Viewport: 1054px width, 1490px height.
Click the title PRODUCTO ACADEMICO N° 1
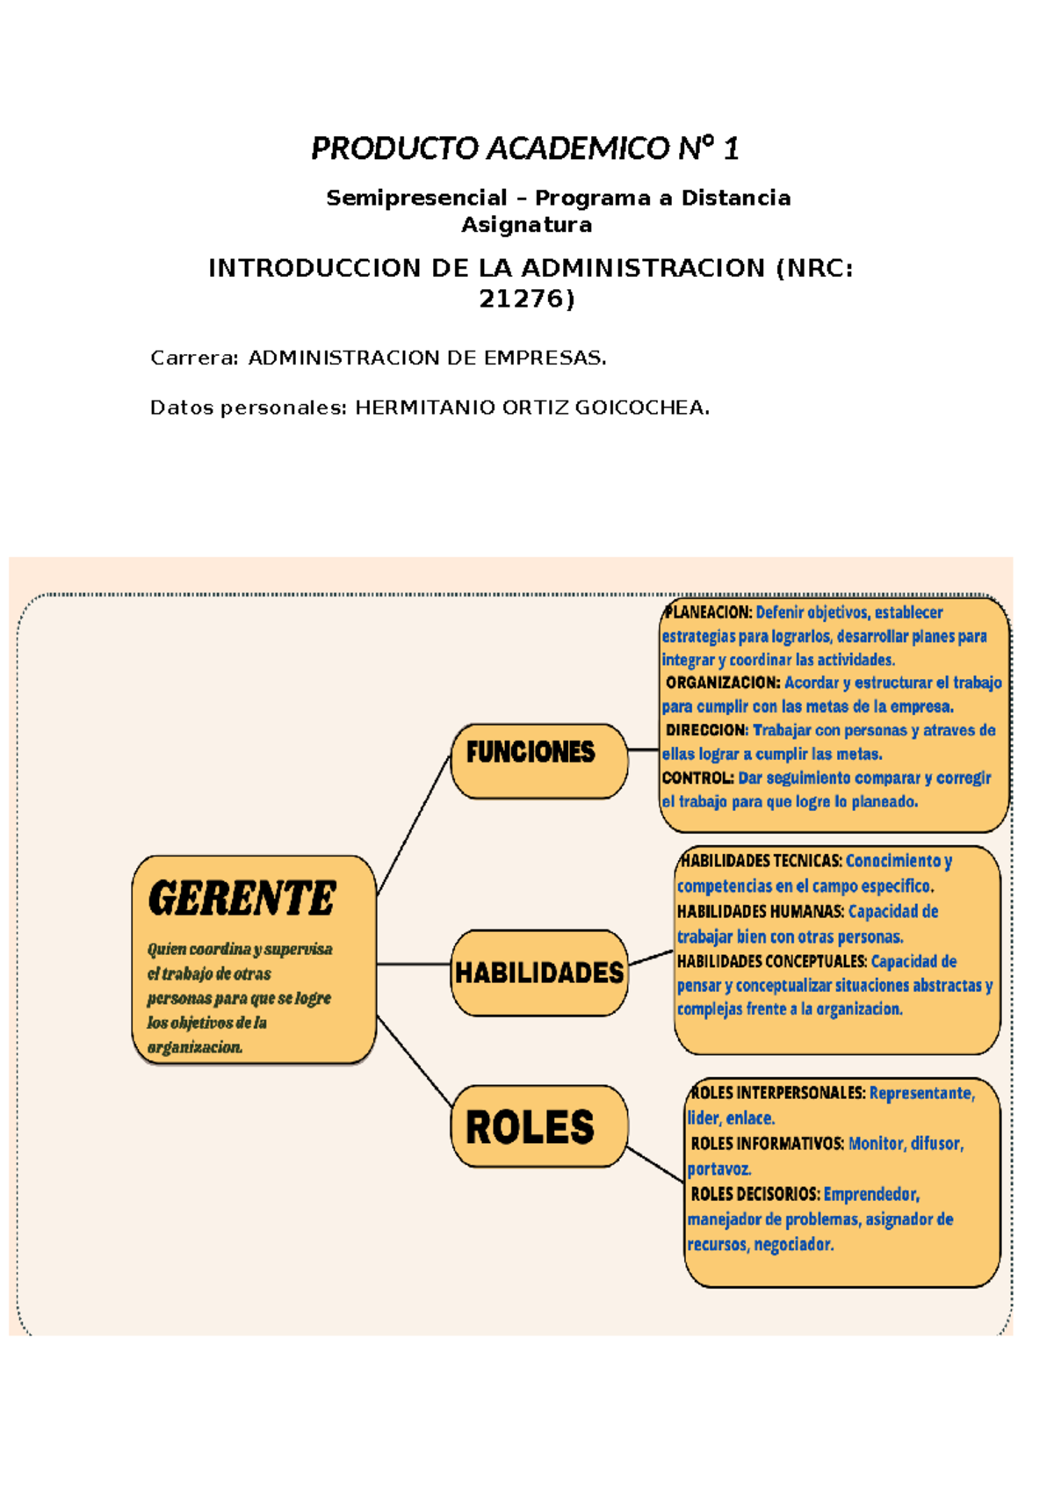[x=525, y=148]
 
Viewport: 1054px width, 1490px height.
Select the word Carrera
[x=192, y=358]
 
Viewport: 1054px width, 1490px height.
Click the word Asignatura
[x=526, y=225]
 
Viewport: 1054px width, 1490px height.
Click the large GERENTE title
[x=242, y=899]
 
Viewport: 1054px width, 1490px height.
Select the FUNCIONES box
[x=538, y=761]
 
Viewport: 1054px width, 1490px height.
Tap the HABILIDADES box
[x=538, y=973]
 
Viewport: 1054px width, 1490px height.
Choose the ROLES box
[x=538, y=1126]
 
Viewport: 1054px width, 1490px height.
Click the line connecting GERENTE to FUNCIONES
[x=414, y=826]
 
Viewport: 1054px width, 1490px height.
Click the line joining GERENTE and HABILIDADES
[x=414, y=965]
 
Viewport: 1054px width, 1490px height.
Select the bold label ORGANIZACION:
[x=722, y=683]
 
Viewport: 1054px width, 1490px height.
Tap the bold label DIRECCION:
[x=706, y=730]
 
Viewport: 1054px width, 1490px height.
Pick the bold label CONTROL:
[x=697, y=778]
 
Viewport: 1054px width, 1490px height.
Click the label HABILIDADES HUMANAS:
[x=760, y=912]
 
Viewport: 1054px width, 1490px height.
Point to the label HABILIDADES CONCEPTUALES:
[x=771, y=961]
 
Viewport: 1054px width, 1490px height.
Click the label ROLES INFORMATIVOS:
[x=767, y=1144]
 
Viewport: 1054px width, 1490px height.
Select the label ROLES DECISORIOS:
[x=754, y=1194]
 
